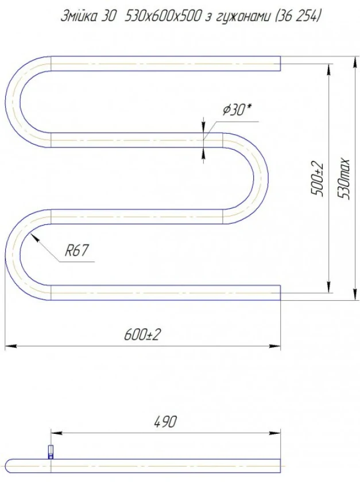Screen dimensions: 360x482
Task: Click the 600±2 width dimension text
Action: click(142, 335)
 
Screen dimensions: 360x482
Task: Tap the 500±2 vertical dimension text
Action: click(318, 180)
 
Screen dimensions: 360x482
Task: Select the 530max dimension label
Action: click(343, 179)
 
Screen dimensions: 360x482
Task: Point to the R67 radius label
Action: click(76, 251)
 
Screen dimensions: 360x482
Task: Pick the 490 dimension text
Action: click(165, 422)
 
